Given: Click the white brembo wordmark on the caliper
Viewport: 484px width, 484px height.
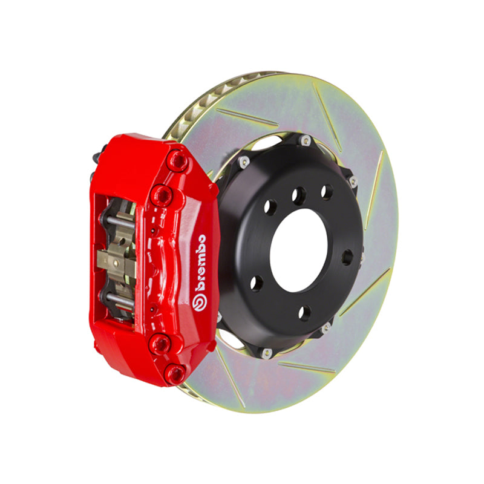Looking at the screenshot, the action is tap(200, 263).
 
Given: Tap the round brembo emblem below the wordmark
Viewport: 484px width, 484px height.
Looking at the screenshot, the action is tap(200, 302).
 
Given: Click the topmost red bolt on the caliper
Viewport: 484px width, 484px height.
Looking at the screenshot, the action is tap(177, 160).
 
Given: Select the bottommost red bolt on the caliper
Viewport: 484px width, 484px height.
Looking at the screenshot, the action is tap(175, 374).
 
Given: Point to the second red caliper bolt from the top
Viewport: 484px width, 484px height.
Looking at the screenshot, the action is tap(162, 195).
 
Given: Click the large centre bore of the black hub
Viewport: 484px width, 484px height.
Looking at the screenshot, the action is tap(298, 250).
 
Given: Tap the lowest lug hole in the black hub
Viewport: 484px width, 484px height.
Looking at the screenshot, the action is tap(304, 313).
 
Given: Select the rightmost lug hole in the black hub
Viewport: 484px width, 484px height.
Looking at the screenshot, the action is tap(347, 257).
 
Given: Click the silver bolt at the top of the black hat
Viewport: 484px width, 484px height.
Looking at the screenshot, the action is tap(306, 140).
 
